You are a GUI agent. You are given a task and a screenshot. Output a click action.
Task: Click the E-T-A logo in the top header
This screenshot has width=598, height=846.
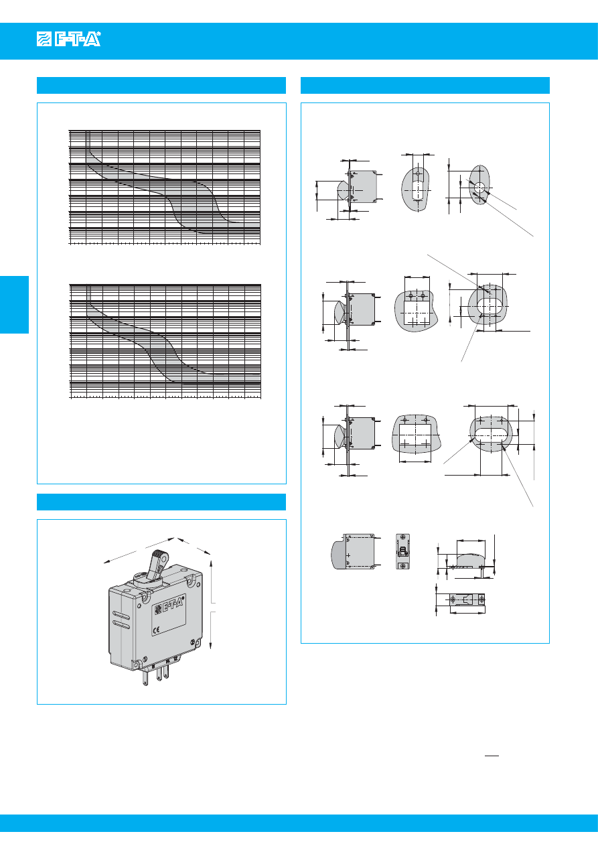[68, 40]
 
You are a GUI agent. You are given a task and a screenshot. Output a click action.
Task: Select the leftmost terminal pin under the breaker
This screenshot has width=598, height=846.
[145, 676]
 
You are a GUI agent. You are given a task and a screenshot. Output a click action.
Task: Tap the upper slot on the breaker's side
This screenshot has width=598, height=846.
[122, 615]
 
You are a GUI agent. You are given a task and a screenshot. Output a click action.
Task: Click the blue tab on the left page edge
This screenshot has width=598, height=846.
[14, 304]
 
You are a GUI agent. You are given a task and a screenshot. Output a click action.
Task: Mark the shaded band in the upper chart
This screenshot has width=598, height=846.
[194, 201]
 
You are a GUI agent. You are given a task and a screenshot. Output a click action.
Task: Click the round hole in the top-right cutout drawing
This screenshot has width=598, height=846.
[480, 186]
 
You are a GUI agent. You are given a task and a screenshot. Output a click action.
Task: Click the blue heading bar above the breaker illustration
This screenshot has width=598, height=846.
[161, 502]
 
